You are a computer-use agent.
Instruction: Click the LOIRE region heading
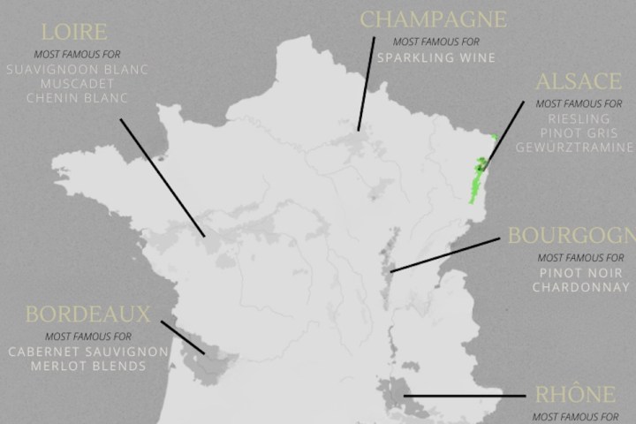[x=75, y=34]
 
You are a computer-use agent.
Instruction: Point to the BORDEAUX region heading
[x=87, y=314]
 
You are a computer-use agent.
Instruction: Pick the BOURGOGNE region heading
[x=571, y=238]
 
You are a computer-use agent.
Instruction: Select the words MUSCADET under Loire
[x=79, y=83]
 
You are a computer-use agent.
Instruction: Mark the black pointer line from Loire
[x=163, y=177]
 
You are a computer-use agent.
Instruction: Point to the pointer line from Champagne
[x=366, y=84]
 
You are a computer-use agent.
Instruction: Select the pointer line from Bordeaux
[x=183, y=337]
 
